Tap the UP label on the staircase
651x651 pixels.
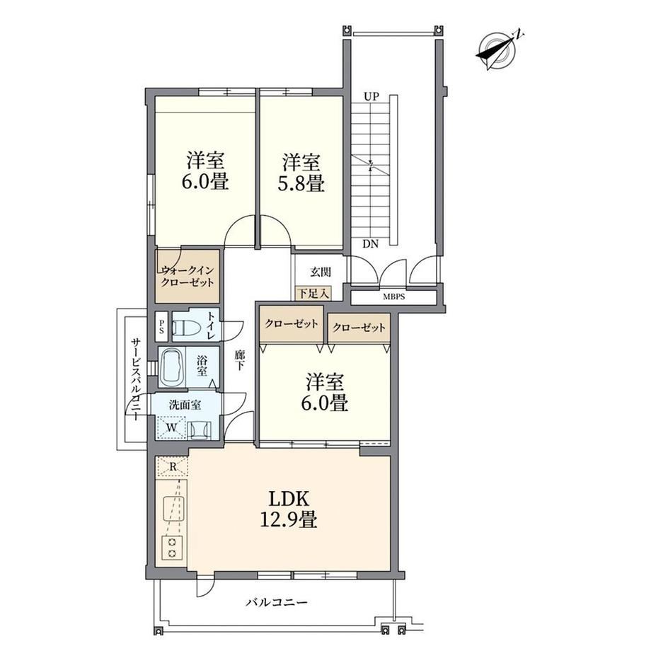[x=371, y=97]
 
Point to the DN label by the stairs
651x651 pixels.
[x=370, y=244]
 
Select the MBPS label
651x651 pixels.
[x=393, y=297]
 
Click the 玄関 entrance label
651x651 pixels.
[x=321, y=272]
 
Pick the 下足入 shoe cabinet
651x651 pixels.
[x=313, y=293]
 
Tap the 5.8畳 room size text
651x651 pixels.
[x=301, y=183]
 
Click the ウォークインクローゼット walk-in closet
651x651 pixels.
[x=188, y=276]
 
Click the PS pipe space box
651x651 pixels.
[x=161, y=326]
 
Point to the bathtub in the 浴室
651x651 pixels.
[x=171, y=368]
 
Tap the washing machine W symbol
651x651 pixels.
[x=171, y=427]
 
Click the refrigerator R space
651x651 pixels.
[x=173, y=466]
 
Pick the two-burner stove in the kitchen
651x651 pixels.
[x=172, y=547]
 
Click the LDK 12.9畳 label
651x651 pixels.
[x=289, y=509]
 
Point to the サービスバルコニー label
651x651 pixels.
[x=134, y=379]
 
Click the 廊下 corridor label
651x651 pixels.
[x=240, y=360]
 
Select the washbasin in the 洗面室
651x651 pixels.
[x=200, y=430]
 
